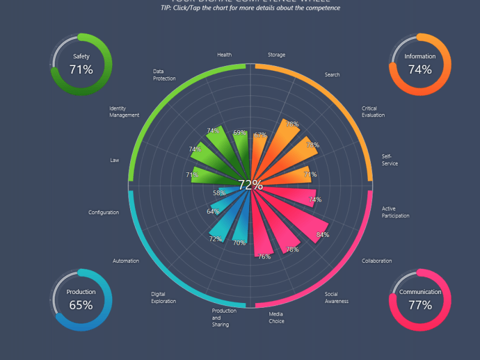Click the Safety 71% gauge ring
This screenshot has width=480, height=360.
click(x=81, y=64)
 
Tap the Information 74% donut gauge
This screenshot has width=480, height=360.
click(x=420, y=64)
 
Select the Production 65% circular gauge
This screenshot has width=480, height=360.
click(x=81, y=299)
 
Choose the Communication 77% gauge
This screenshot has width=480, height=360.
click(x=420, y=299)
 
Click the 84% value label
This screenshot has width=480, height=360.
click(x=323, y=235)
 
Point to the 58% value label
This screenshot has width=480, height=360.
click(x=219, y=193)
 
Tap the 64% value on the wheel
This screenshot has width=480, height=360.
click(x=213, y=211)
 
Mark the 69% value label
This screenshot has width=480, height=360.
click(x=239, y=133)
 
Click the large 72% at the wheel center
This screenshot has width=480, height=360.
click(x=250, y=185)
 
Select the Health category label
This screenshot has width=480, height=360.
click(x=224, y=55)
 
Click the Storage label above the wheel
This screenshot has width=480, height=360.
click(x=277, y=55)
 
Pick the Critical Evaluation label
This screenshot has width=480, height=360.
click(x=373, y=112)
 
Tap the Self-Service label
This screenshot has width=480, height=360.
click(x=390, y=160)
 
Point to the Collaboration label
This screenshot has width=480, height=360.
click(x=377, y=261)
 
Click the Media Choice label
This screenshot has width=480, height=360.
click(x=277, y=317)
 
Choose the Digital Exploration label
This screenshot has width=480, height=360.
click(x=163, y=298)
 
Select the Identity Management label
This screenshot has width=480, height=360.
click(x=124, y=112)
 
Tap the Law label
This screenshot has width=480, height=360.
click(x=115, y=160)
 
